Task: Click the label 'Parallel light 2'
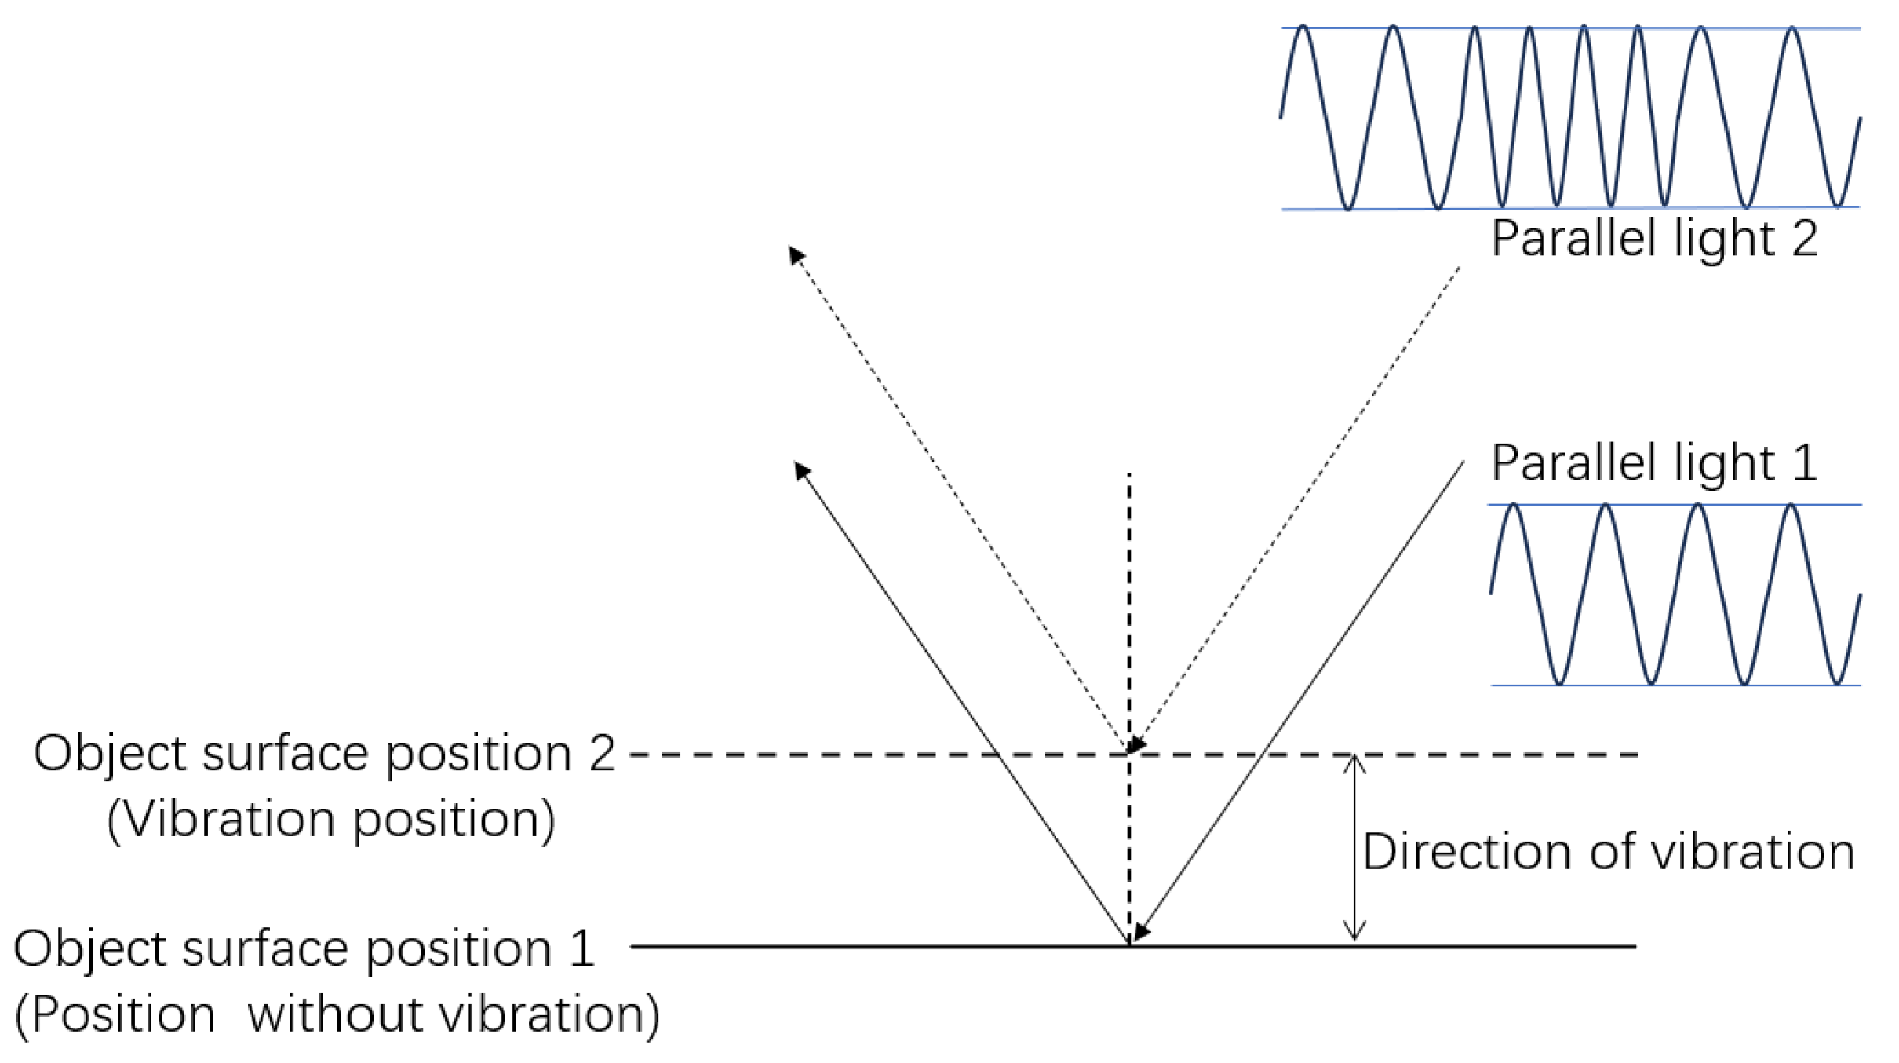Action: pos(1654,239)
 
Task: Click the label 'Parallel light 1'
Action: pos(1654,462)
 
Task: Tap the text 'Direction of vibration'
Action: pos(1608,851)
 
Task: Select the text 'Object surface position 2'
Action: pos(324,754)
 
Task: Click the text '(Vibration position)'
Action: pos(331,820)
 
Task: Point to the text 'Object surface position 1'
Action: pos(304,948)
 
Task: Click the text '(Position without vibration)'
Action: pos(337,1014)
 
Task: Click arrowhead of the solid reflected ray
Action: pos(801,469)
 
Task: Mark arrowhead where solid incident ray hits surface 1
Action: pos(1141,933)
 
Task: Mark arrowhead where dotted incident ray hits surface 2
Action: pos(1136,745)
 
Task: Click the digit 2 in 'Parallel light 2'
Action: pos(1805,239)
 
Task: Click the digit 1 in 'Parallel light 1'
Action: pos(1805,462)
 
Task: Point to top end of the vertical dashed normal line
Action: pos(1128,475)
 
